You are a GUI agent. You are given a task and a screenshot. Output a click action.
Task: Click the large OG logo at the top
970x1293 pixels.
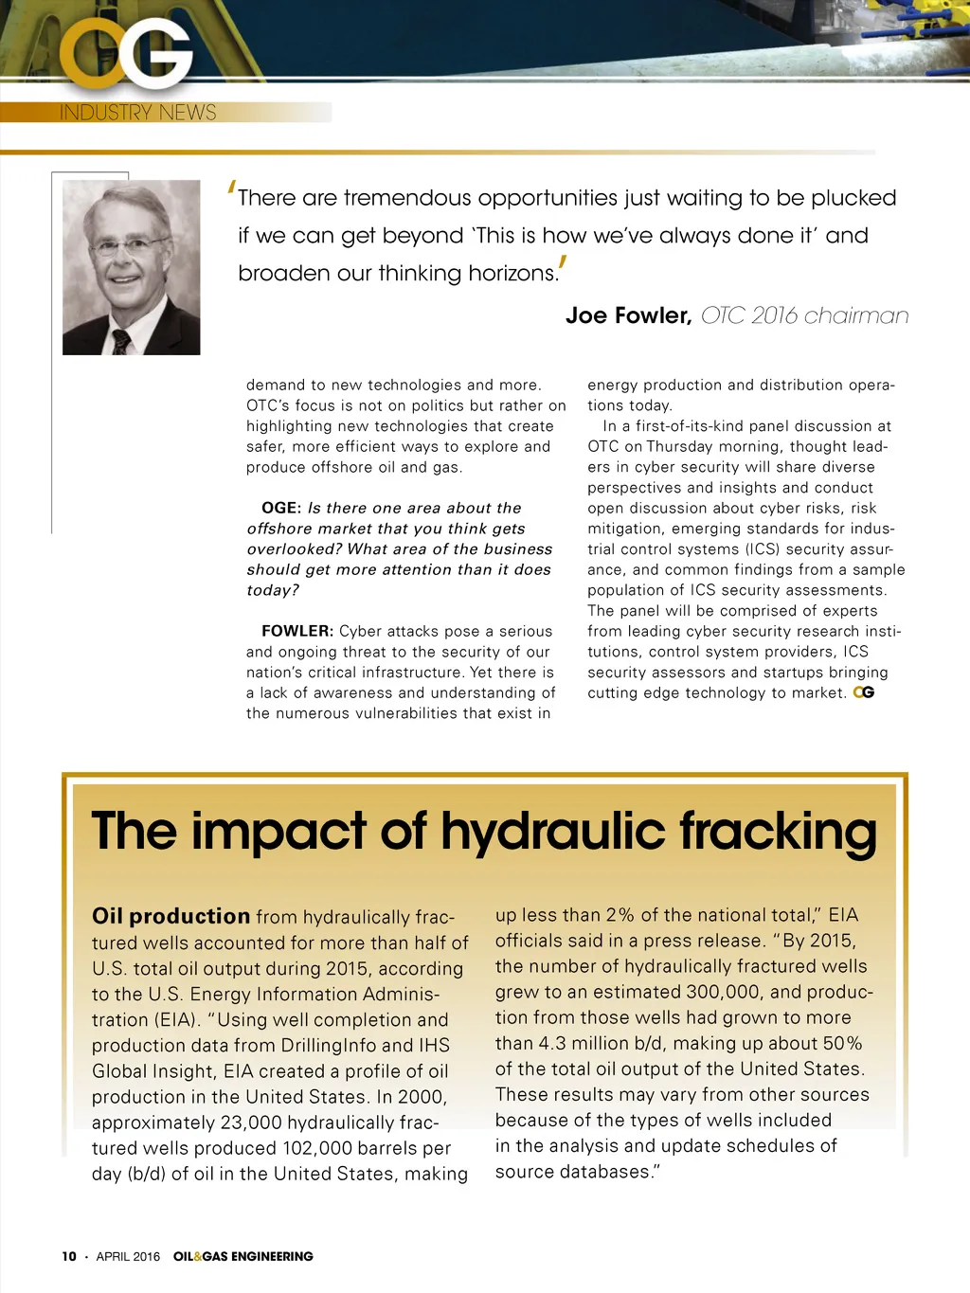126,55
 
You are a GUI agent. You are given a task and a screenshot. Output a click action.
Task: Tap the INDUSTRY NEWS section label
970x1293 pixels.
137,113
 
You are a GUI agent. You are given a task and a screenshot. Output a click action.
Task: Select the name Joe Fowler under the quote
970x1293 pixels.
628,315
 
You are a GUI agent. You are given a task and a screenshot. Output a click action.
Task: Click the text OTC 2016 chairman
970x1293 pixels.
804,315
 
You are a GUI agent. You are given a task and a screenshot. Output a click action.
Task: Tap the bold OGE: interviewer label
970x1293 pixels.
281,509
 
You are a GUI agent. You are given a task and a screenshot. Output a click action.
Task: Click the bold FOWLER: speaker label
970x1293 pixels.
297,632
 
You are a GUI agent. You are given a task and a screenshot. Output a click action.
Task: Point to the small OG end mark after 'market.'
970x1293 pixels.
863,693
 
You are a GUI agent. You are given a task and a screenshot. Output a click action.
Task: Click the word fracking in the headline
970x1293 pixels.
778,832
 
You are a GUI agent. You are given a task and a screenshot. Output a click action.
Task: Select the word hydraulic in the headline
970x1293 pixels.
552,832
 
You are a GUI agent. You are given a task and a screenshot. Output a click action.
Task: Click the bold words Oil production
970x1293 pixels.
171,916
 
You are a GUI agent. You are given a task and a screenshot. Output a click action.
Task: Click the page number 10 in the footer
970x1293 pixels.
69,1256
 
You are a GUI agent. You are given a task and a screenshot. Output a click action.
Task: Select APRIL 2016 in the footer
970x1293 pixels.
128,1256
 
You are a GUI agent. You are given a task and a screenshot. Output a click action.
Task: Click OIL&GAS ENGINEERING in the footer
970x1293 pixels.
242,1256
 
